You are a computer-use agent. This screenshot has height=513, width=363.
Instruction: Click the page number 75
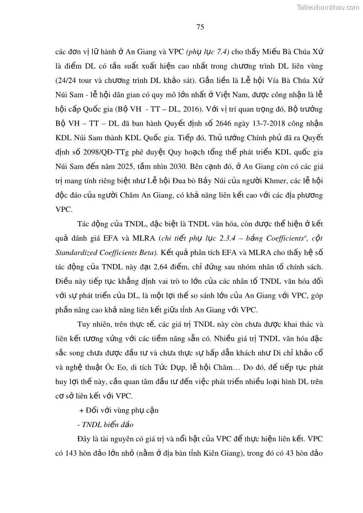200,27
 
